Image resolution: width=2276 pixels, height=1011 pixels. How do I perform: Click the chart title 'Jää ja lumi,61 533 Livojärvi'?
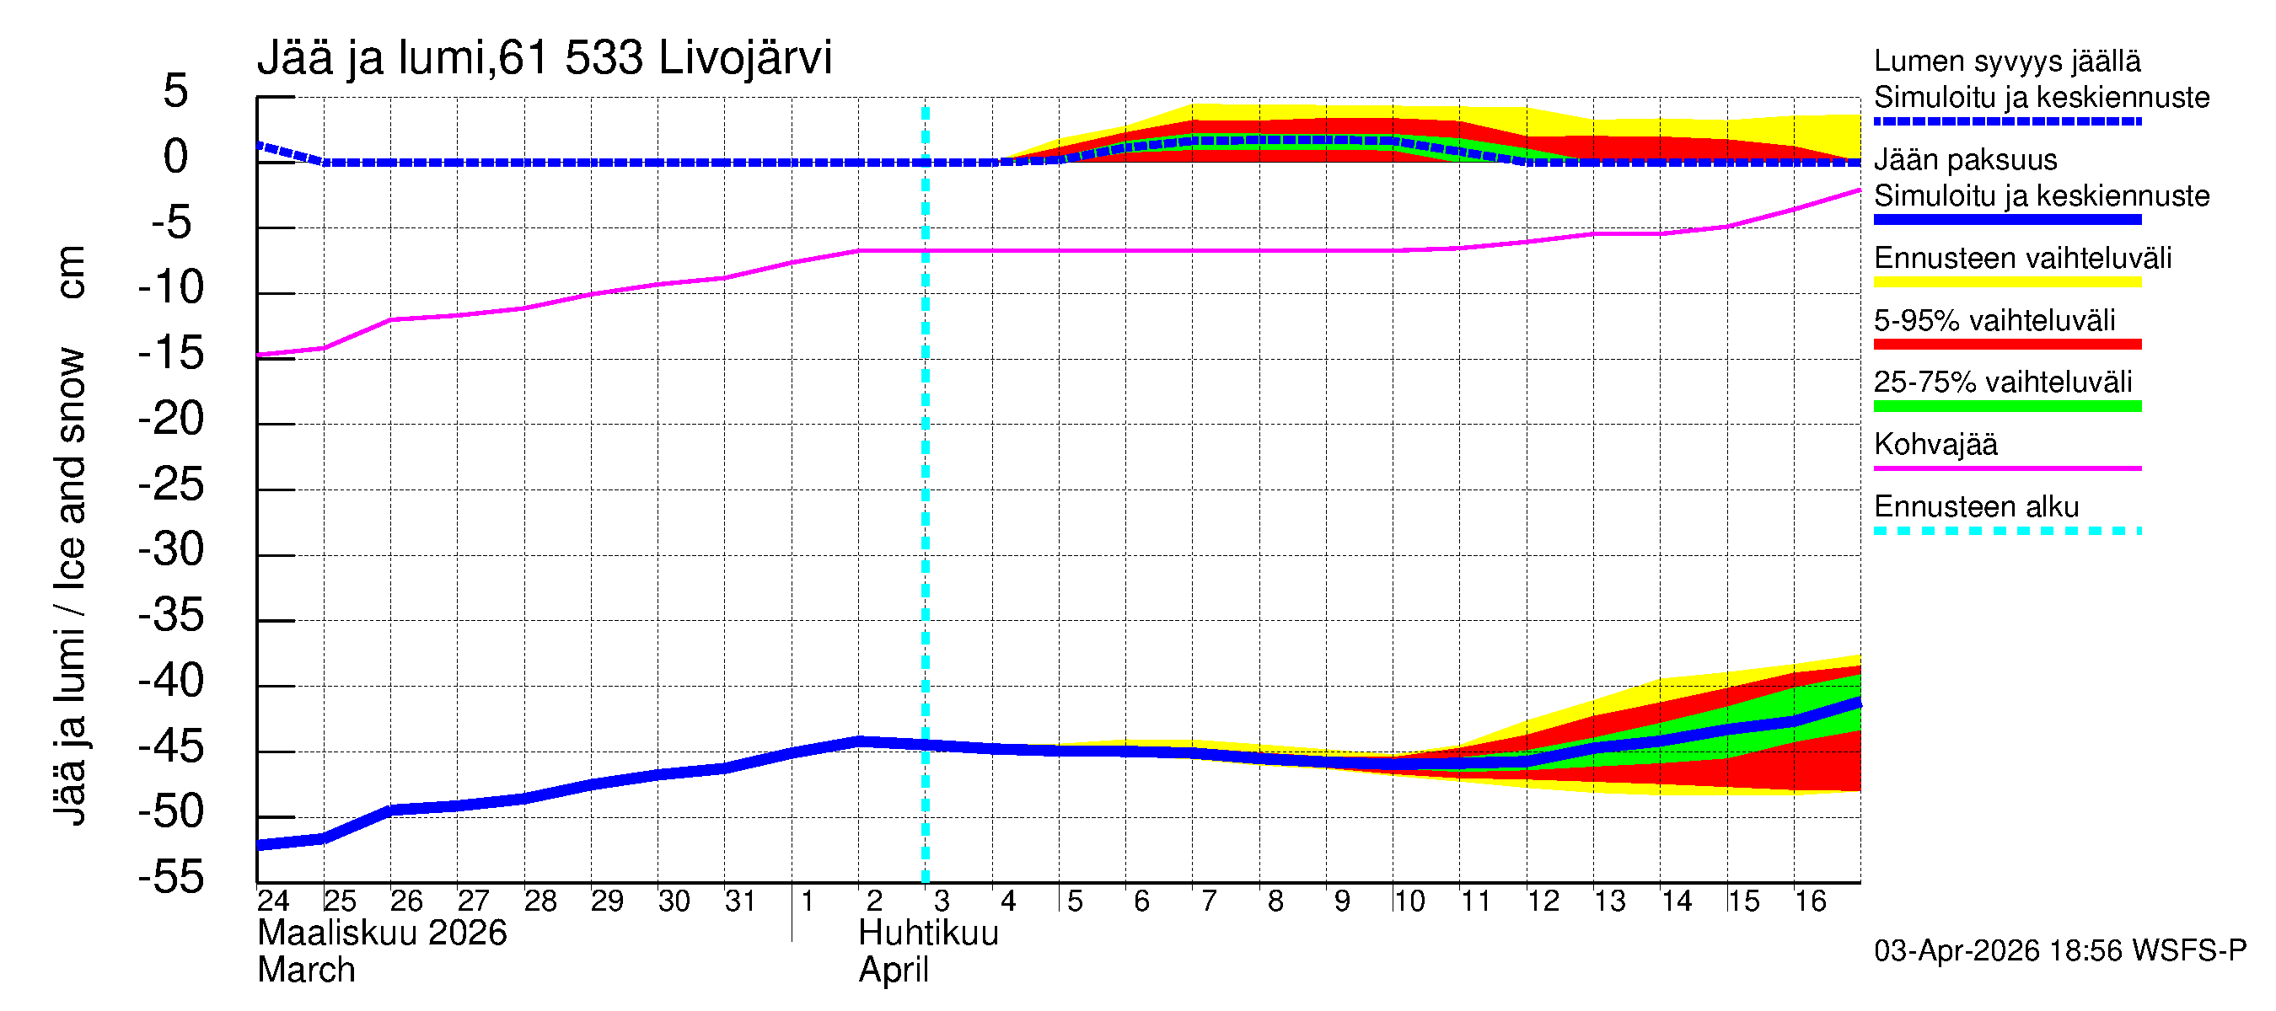pyautogui.click(x=545, y=58)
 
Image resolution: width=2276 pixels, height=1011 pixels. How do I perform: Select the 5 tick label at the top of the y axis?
pyautogui.click(x=176, y=91)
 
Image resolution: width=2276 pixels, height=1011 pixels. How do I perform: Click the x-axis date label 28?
pyautogui.click(x=539, y=901)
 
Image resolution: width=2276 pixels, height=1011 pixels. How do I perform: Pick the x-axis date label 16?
pyautogui.click(x=1810, y=901)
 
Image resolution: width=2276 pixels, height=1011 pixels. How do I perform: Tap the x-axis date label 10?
pyautogui.click(x=1409, y=901)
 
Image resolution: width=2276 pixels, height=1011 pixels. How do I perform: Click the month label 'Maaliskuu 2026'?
pyautogui.click(x=382, y=933)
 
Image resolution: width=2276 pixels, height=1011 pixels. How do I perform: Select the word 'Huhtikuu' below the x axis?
pyautogui.click(x=928, y=933)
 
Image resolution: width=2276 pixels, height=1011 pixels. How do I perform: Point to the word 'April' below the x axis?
pyautogui.click(x=894, y=971)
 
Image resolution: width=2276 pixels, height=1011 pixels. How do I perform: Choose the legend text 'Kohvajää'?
pyautogui.click(x=1935, y=444)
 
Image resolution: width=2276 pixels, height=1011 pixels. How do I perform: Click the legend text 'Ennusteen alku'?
pyautogui.click(x=1976, y=507)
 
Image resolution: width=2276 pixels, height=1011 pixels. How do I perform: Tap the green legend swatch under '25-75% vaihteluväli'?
pyautogui.click(x=2006, y=406)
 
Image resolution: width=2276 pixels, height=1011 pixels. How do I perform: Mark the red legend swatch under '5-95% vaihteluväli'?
pyautogui.click(x=2006, y=345)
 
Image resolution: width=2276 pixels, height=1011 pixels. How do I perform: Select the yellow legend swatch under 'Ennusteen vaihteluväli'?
pyautogui.click(x=2006, y=282)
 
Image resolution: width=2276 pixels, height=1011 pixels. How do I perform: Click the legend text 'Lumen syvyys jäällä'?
pyautogui.click(x=2006, y=61)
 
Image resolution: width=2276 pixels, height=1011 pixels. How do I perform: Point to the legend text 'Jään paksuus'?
pyautogui.click(x=1965, y=160)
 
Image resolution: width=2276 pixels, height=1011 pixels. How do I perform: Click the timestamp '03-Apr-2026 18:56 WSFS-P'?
pyautogui.click(x=2059, y=951)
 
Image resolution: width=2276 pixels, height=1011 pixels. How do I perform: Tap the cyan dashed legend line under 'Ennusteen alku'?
pyautogui.click(x=2006, y=531)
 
